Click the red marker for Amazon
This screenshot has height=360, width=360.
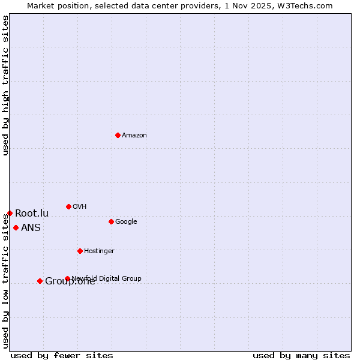tap(118, 135)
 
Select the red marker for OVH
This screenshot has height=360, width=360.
tap(68, 206)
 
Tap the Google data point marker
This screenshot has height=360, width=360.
tap(111, 221)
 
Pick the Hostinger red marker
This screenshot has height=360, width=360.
tap(80, 251)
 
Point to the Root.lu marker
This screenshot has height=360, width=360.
tap(10, 213)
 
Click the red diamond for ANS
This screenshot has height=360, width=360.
tap(16, 227)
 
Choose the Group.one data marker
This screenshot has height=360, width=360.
tap(40, 281)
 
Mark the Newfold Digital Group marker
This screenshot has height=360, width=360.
tap(67, 278)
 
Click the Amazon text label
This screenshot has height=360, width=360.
tap(134, 136)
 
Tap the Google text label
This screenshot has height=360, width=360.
tap(126, 222)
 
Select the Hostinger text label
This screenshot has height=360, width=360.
tap(99, 251)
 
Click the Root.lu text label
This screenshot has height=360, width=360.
tap(32, 214)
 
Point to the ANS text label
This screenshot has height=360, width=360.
tap(31, 228)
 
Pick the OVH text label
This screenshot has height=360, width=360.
tap(80, 207)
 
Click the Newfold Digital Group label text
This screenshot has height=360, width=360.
tap(107, 278)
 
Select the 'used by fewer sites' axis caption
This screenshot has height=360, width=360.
tap(62, 355)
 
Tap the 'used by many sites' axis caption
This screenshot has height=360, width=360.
tap(301, 355)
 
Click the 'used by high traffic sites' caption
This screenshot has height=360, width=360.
tap(5, 85)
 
